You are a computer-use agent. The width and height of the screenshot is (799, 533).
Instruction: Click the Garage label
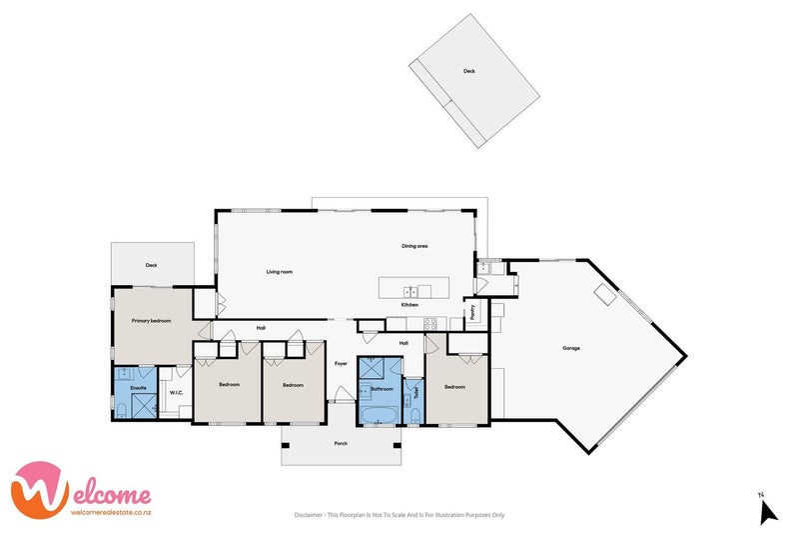click(571, 348)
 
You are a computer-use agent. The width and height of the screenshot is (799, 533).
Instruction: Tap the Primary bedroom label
click(152, 320)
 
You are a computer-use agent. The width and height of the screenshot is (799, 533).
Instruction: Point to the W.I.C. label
click(176, 393)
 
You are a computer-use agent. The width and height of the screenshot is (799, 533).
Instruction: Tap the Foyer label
click(341, 363)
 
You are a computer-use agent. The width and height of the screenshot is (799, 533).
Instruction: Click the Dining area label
click(414, 246)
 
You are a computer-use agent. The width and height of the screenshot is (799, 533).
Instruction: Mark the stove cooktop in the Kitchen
click(430, 323)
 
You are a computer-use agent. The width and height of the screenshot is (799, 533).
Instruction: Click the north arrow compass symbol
click(767, 510)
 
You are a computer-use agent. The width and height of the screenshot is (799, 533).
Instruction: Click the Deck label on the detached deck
click(468, 71)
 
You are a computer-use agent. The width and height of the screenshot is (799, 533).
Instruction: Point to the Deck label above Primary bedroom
click(152, 265)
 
